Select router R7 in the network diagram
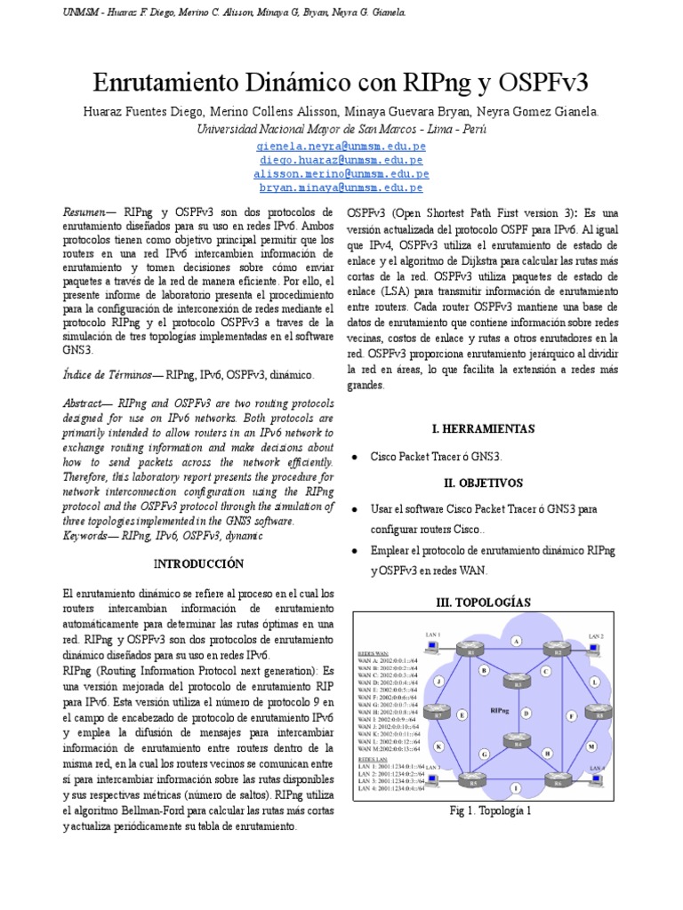(x=438, y=712)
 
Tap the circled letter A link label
(x=516, y=641)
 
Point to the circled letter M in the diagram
(x=591, y=747)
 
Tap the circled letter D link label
(x=526, y=712)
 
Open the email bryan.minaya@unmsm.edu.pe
(x=341, y=188)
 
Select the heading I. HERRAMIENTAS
(x=483, y=428)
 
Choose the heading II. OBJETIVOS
(x=483, y=483)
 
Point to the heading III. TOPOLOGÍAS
(x=483, y=602)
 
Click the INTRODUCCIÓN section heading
(x=198, y=563)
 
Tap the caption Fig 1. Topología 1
(x=491, y=811)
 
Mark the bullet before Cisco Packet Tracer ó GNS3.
(x=355, y=456)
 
